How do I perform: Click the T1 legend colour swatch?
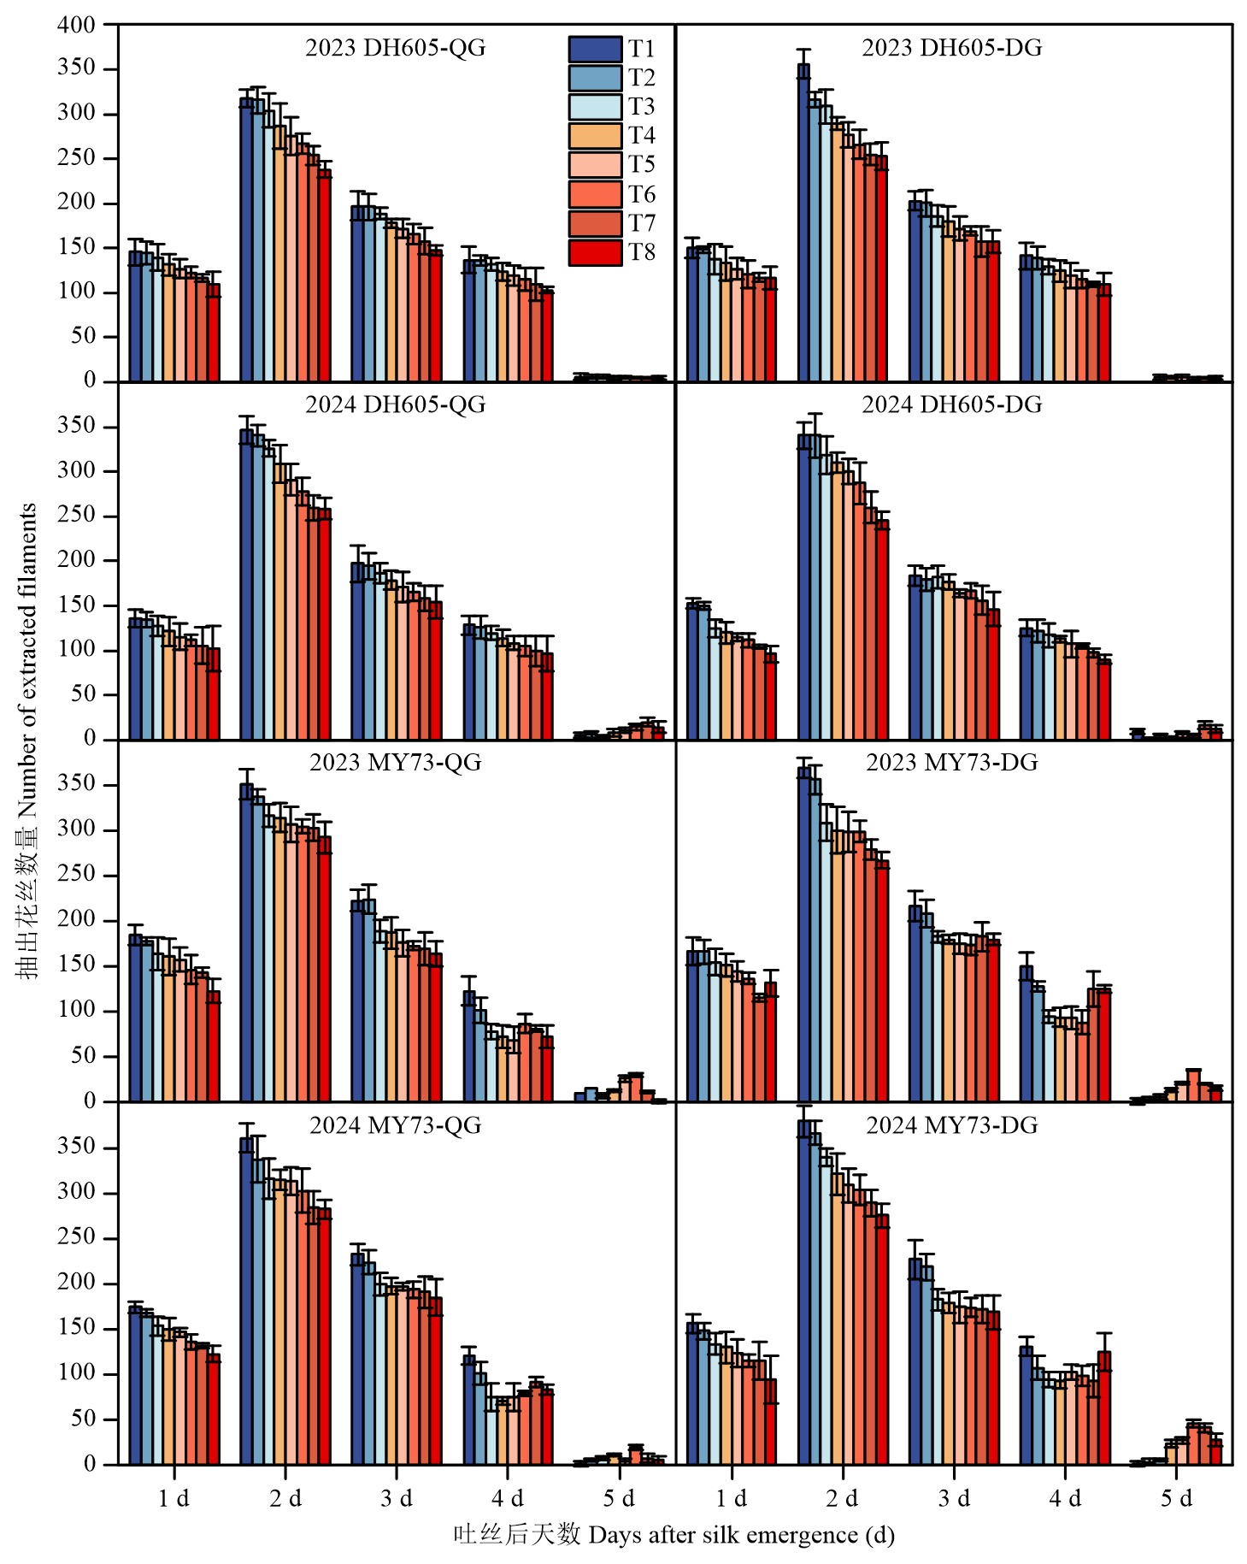pyautogui.click(x=595, y=49)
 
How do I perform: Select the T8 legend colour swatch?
pyautogui.click(x=595, y=253)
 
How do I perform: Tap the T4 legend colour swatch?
pyautogui.click(x=595, y=136)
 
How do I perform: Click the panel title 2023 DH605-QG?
pyautogui.click(x=395, y=48)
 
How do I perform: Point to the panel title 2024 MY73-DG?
pyautogui.click(x=952, y=1125)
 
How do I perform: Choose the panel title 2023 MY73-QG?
pyautogui.click(x=395, y=762)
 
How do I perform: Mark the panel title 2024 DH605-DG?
pyautogui.click(x=952, y=404)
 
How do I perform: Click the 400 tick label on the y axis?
pyautogui.click(x=77, y=25)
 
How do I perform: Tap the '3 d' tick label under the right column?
pyautogui.click(x=954, y=1498)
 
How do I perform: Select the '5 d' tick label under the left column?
pyautogui.click(x=619, y=1498)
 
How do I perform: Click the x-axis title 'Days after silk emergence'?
pyautogui.click(x=673, y=1535)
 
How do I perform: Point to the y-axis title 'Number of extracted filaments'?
pyautogui.click(x=27, y=740)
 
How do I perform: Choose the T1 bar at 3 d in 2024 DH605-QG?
pyautogui.click(x=357, y=651)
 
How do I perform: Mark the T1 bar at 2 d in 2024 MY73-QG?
pyautogui.click(x=246, y=1301)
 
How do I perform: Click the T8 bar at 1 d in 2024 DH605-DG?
pyautogui.click(x=771, y=696)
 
